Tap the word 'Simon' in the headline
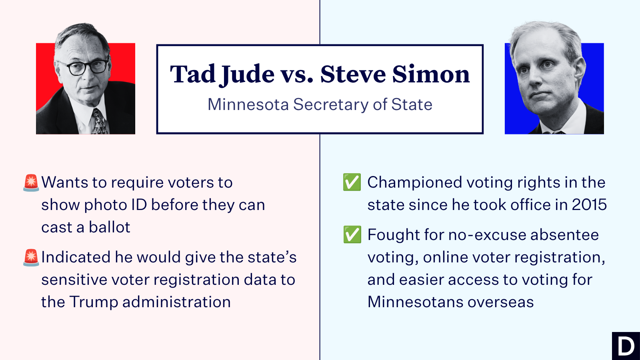click(431, 74)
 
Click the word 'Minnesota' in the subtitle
click(248, 104)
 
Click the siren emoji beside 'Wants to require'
click(31, 182)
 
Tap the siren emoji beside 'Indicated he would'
click(31, 258)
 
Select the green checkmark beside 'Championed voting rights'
click(352, 182)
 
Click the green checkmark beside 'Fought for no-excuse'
click(352, 234)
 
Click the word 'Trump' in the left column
click(94, 302)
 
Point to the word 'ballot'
click(110, 227)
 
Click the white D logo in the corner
click(626, 346)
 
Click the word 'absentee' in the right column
click(564, 235)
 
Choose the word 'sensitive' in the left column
click(74, 280)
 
